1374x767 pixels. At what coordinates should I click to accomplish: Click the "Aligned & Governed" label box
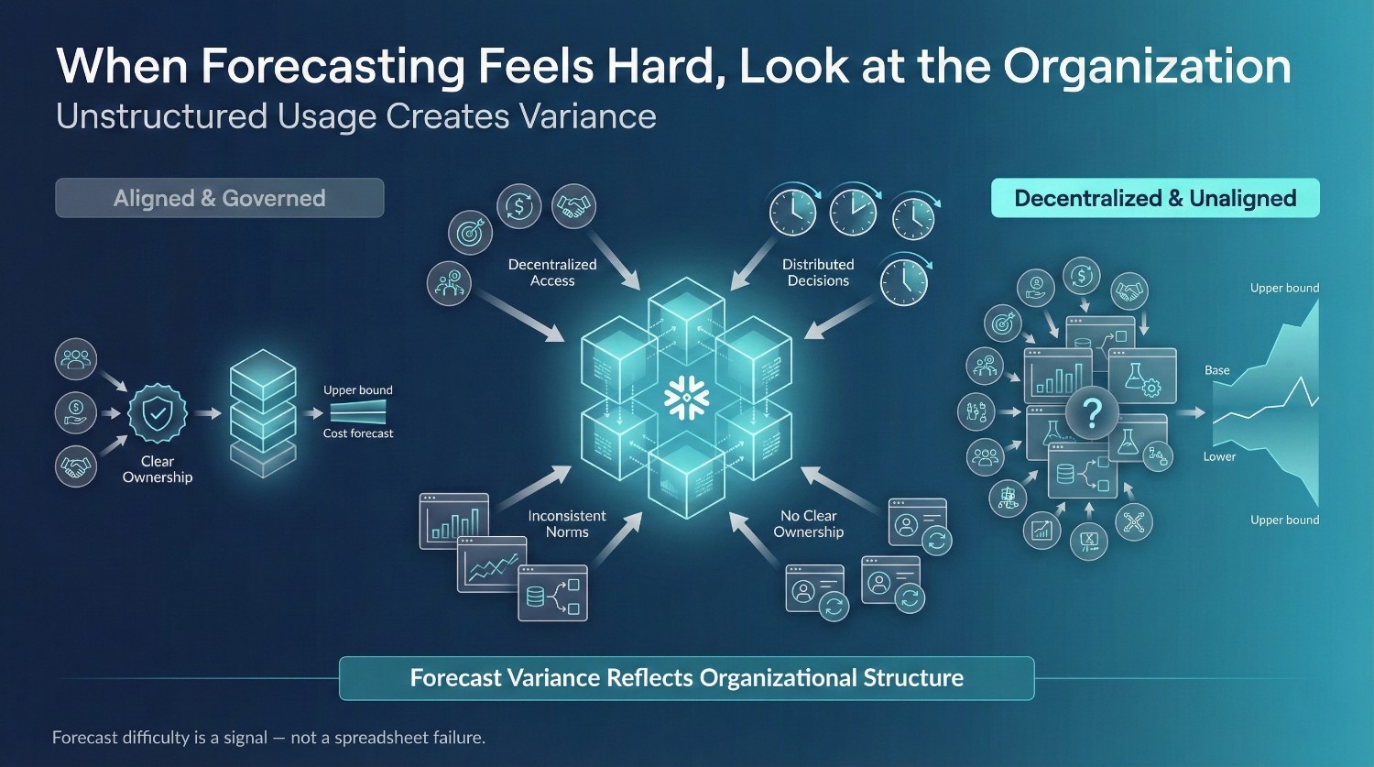(220, 198)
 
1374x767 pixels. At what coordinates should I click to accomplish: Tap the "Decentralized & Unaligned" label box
(1155, 198)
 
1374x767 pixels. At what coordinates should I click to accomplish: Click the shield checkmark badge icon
(158, 413)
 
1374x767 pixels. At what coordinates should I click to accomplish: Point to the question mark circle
(1092, 412)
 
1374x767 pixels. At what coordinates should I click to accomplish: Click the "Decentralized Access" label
(552, 272)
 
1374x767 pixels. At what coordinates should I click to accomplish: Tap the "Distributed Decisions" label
(818, 272)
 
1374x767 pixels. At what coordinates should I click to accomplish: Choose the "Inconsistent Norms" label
(567, 523)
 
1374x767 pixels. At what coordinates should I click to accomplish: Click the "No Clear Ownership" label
(809, 523)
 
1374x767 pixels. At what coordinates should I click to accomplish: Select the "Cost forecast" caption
(358, 433)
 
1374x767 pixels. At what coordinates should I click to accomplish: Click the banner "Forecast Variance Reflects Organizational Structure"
(686, 678)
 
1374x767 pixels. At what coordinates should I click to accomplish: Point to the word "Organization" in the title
(1147, 66)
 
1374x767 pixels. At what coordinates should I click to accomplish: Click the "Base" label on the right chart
(1217, 370)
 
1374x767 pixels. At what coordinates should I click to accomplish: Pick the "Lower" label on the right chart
(1219, 456)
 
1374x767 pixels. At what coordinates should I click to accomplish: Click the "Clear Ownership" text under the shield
(158, 469)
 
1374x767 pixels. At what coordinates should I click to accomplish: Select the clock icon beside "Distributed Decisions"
(904, 281)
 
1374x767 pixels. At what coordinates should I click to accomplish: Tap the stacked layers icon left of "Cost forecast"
(263, 413)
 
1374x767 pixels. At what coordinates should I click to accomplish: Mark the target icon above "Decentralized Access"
(471, 233)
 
